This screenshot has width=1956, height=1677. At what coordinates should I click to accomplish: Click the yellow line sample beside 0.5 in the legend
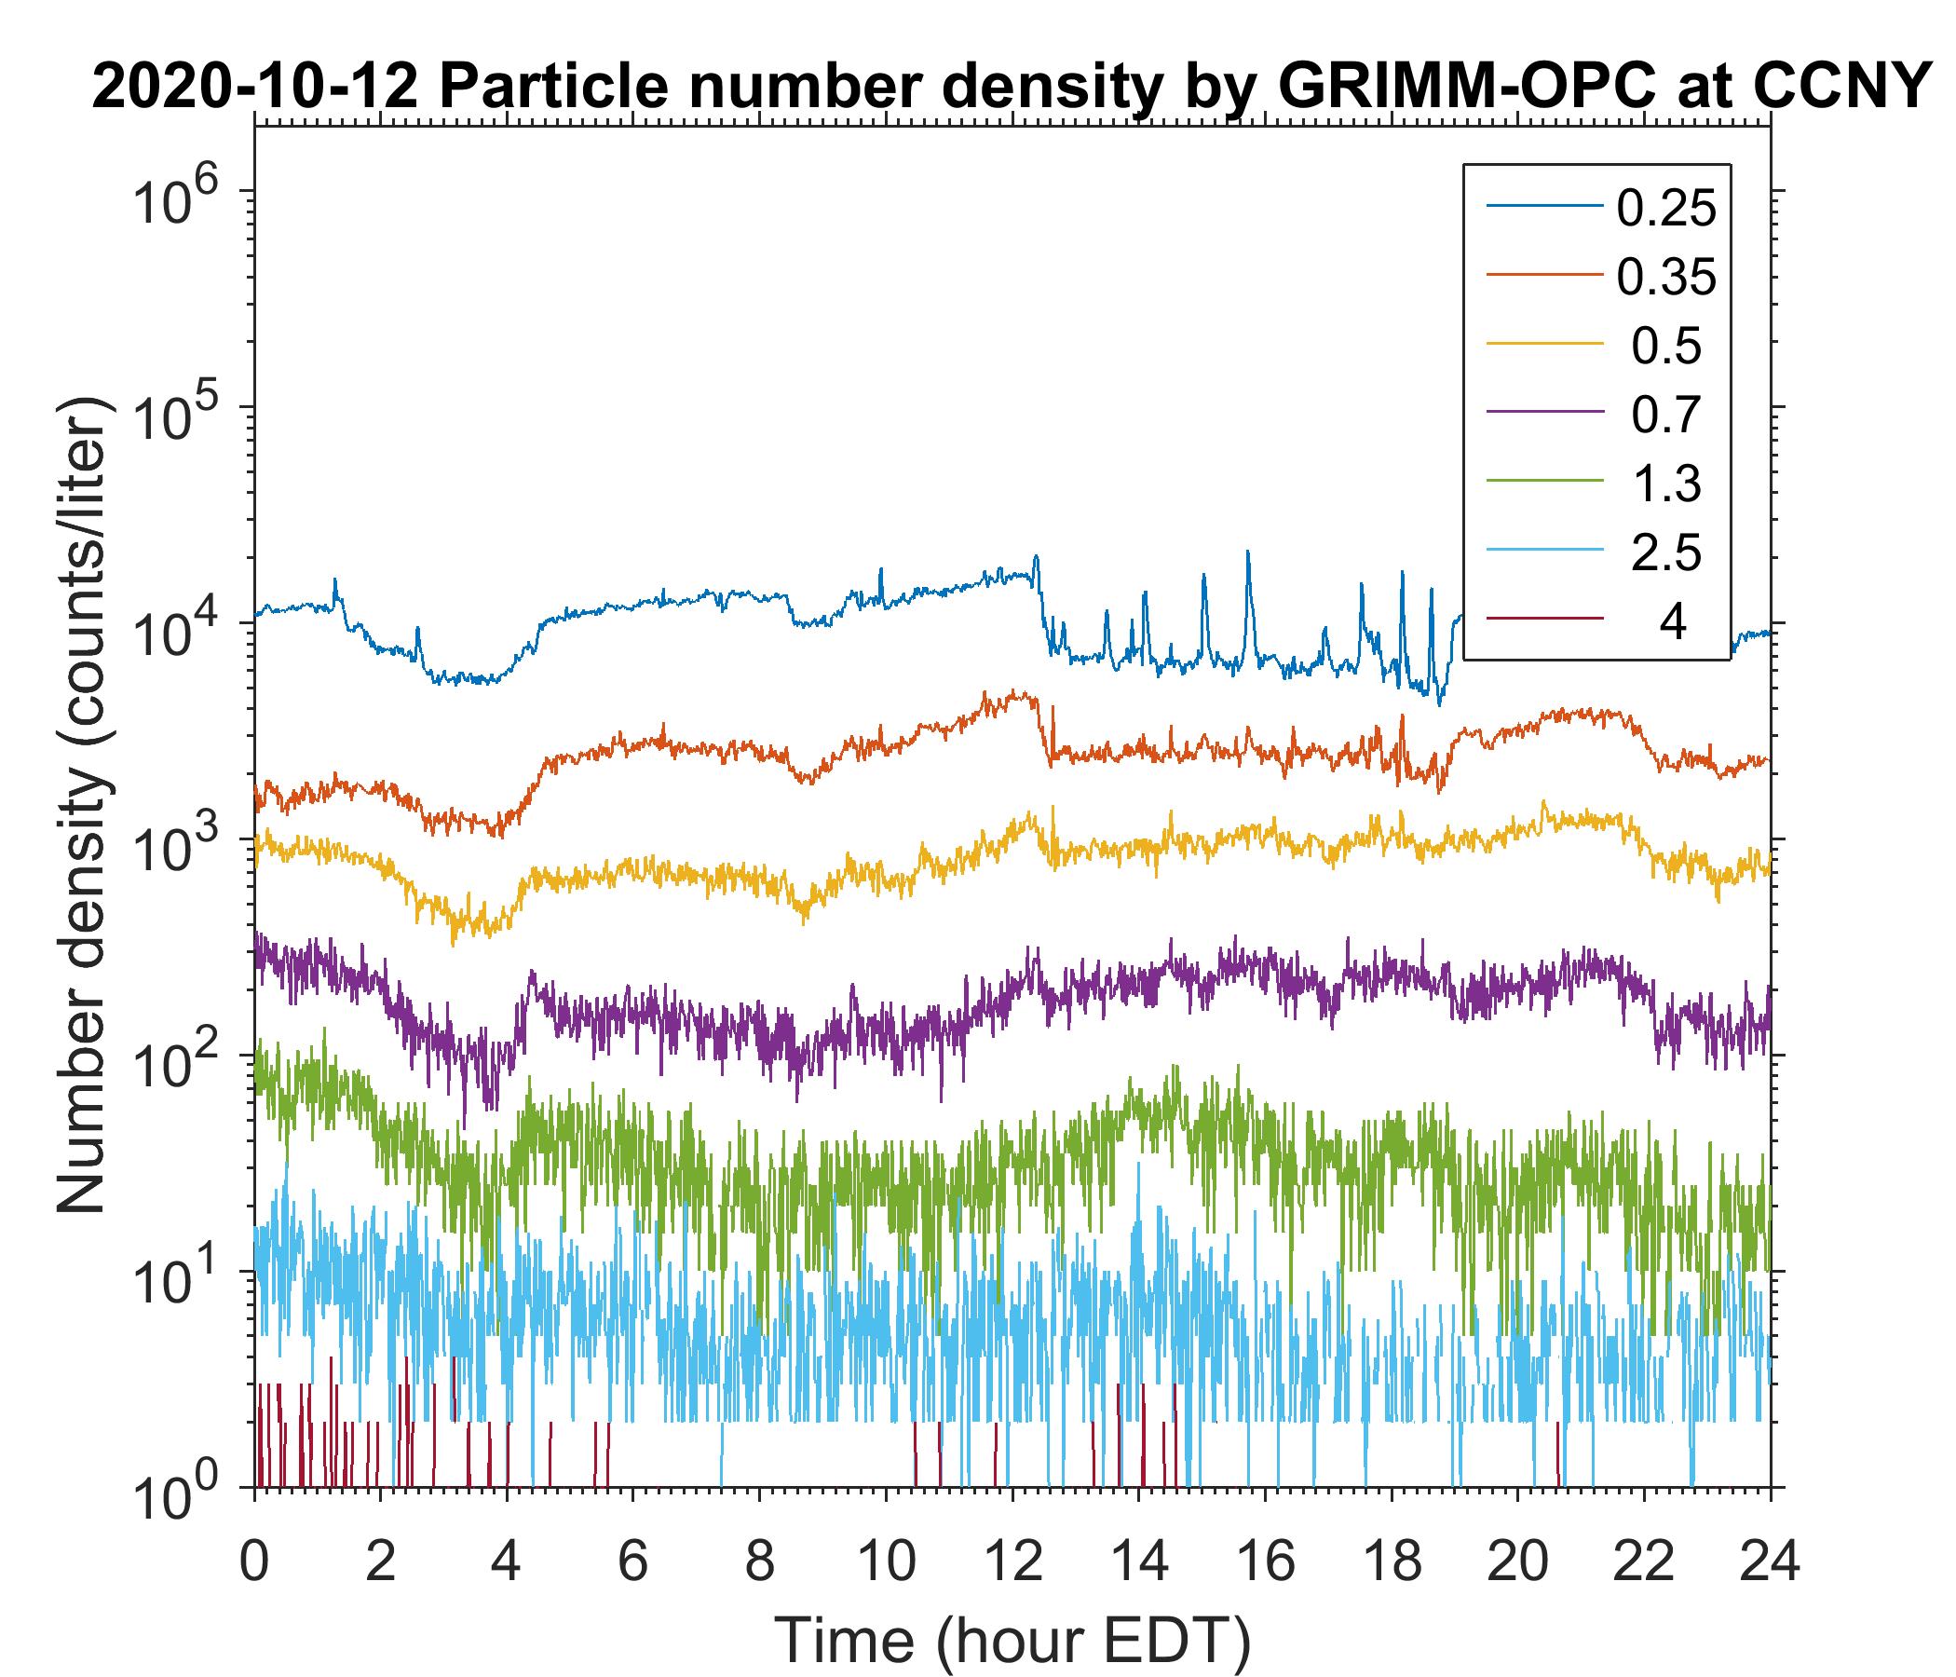[x=1544, y=346]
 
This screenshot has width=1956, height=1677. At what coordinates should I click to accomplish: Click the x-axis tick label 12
[x=1012, y=1561]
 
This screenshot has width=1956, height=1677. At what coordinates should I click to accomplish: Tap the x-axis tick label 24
[x=1769, y=1561]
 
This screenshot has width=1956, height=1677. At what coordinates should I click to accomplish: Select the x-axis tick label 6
[x=632, y=1561]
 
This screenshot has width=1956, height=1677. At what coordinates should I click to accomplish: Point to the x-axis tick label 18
[x=1391, y=1561]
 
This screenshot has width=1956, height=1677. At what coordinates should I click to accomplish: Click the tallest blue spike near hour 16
[x=1248, y=553]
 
